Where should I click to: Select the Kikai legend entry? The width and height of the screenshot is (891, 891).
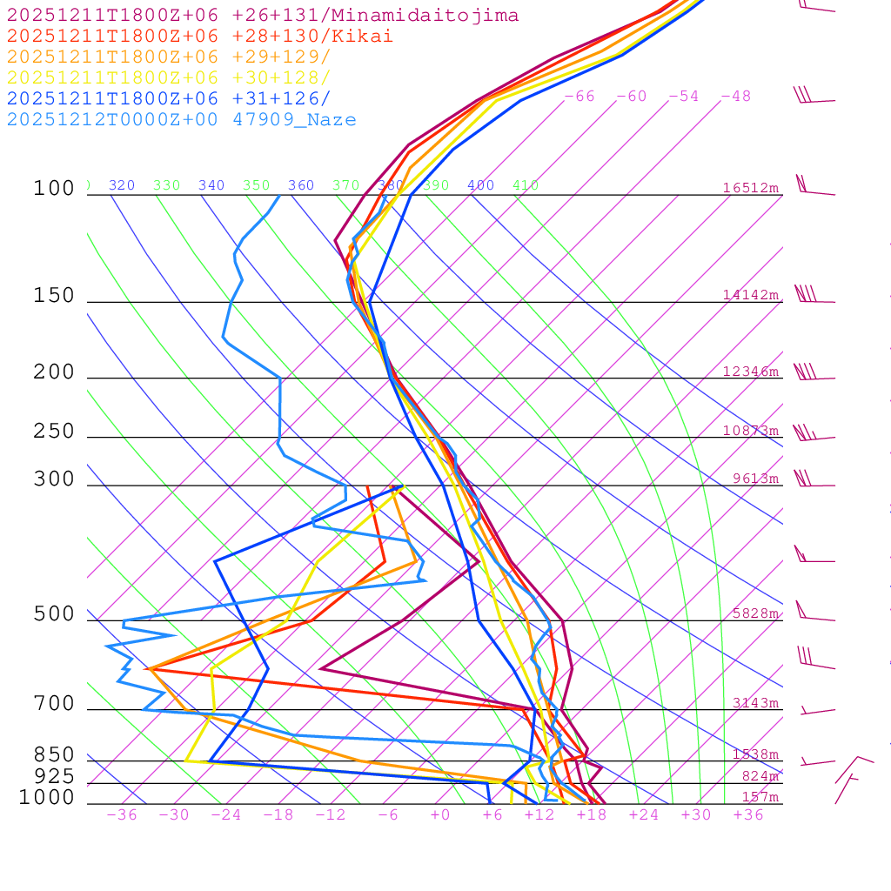(199, 37)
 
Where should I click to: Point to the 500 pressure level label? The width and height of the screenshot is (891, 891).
(54, 614)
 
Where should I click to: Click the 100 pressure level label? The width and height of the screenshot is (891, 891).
(54, 189)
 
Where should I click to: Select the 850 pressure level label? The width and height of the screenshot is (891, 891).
(54, 754)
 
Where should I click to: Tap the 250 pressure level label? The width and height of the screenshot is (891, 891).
(54, 432)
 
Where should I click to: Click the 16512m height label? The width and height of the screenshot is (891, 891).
(751, 188)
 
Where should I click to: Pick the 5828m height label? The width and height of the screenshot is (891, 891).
(754, 613)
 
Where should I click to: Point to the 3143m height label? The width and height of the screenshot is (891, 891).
(754, 703)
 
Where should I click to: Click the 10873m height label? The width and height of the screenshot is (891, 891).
(751, 431)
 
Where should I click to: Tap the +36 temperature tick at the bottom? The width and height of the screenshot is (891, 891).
(748, 815)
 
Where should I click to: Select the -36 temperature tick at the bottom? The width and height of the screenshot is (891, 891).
(122, 815)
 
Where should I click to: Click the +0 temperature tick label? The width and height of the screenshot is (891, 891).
(440, 815)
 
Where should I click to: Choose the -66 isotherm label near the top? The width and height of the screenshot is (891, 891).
(579, 97)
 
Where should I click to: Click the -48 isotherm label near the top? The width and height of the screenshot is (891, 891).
(736, 97)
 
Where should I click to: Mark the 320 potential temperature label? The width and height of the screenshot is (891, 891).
(122, 185)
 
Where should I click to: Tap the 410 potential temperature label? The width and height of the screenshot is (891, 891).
(526, 185)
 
